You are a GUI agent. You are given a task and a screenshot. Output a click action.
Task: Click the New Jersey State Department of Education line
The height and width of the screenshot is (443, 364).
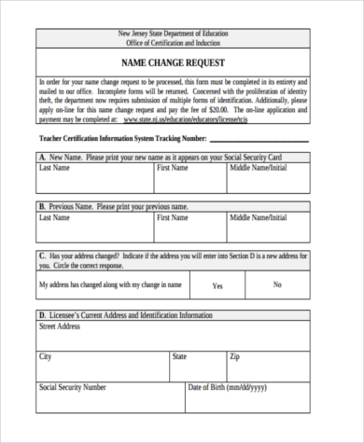tap(177, 34)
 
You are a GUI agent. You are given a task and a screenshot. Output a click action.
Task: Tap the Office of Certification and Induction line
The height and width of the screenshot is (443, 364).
tap(177, 43)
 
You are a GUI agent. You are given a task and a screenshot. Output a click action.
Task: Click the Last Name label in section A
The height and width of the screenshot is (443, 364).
tap(54, 168)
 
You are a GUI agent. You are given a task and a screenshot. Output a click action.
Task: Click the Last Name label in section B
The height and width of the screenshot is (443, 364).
tap(54, 216)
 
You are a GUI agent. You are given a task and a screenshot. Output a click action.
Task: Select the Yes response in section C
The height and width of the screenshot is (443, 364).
tap(217, 285)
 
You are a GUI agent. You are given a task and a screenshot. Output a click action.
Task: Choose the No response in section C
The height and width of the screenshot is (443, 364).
tap(276, 284)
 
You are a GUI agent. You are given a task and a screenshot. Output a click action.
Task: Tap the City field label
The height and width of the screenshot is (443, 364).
tap(46, 356)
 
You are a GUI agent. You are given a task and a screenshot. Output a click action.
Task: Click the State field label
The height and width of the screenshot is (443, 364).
tap(180, 356)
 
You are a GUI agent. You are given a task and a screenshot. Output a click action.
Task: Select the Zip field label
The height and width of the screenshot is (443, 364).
tap(235, 356)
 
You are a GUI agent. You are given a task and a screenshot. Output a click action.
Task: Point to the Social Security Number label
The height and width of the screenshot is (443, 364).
tap(72, 386)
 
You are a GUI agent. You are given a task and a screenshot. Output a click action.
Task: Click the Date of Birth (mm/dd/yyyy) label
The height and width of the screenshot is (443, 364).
tap(227, 386)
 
